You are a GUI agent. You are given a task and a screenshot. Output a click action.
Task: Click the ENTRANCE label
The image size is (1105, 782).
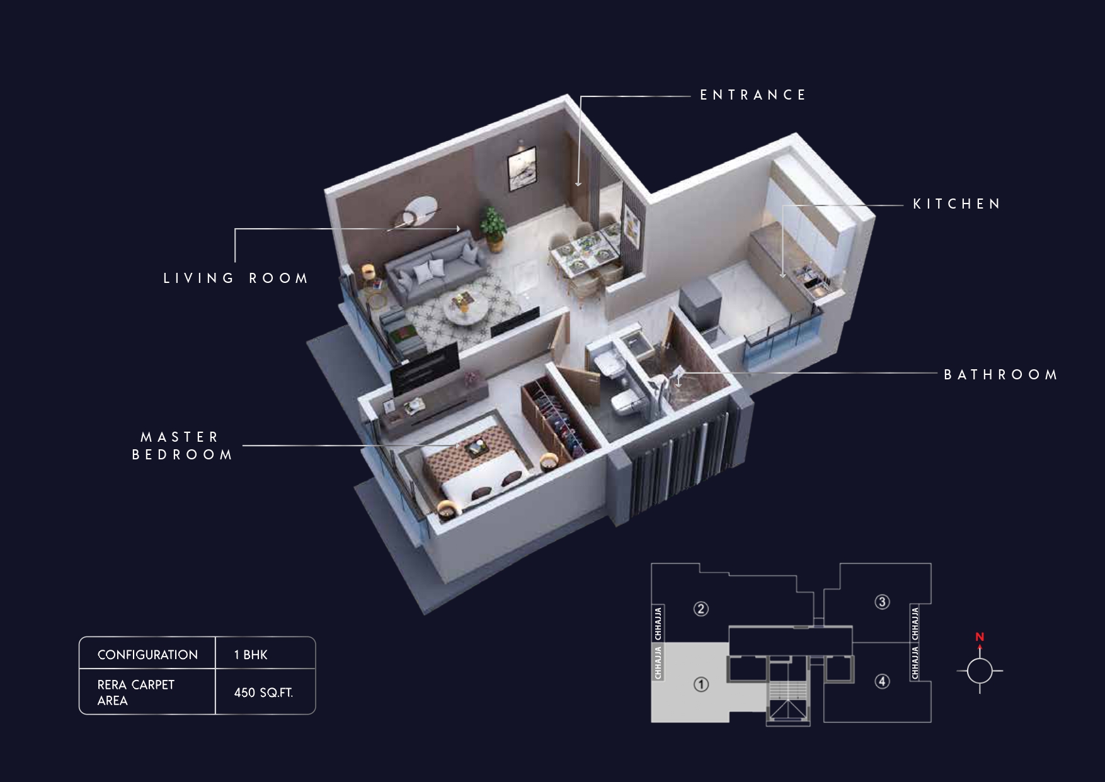tap(753, 95)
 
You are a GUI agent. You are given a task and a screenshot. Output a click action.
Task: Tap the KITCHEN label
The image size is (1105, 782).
tap(957, 204)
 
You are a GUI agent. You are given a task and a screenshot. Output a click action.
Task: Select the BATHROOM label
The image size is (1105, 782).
tap(1000, 375)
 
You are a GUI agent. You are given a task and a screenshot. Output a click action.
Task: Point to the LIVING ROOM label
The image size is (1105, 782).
tap(236, 279)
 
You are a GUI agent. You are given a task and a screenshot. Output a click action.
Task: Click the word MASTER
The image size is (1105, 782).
tap(180, 437)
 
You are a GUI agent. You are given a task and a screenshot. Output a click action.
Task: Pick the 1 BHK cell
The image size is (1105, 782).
tap(251, 655)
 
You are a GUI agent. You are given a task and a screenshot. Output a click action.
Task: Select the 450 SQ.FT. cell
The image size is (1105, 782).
tap(263, 693)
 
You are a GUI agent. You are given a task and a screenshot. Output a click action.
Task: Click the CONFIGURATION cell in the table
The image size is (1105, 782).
tap(147, 655)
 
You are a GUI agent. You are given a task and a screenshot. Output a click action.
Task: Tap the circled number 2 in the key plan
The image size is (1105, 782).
tap(701, 609)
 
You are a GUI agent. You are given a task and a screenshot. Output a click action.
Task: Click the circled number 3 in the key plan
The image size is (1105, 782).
tap(882, 602)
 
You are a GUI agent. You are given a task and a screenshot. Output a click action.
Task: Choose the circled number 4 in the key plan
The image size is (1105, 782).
tap(882, 681)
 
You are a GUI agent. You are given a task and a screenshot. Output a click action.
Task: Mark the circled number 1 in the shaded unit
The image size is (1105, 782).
tap(701, 684)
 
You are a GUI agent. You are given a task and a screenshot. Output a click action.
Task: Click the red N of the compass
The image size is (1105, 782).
tap(980, 637)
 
